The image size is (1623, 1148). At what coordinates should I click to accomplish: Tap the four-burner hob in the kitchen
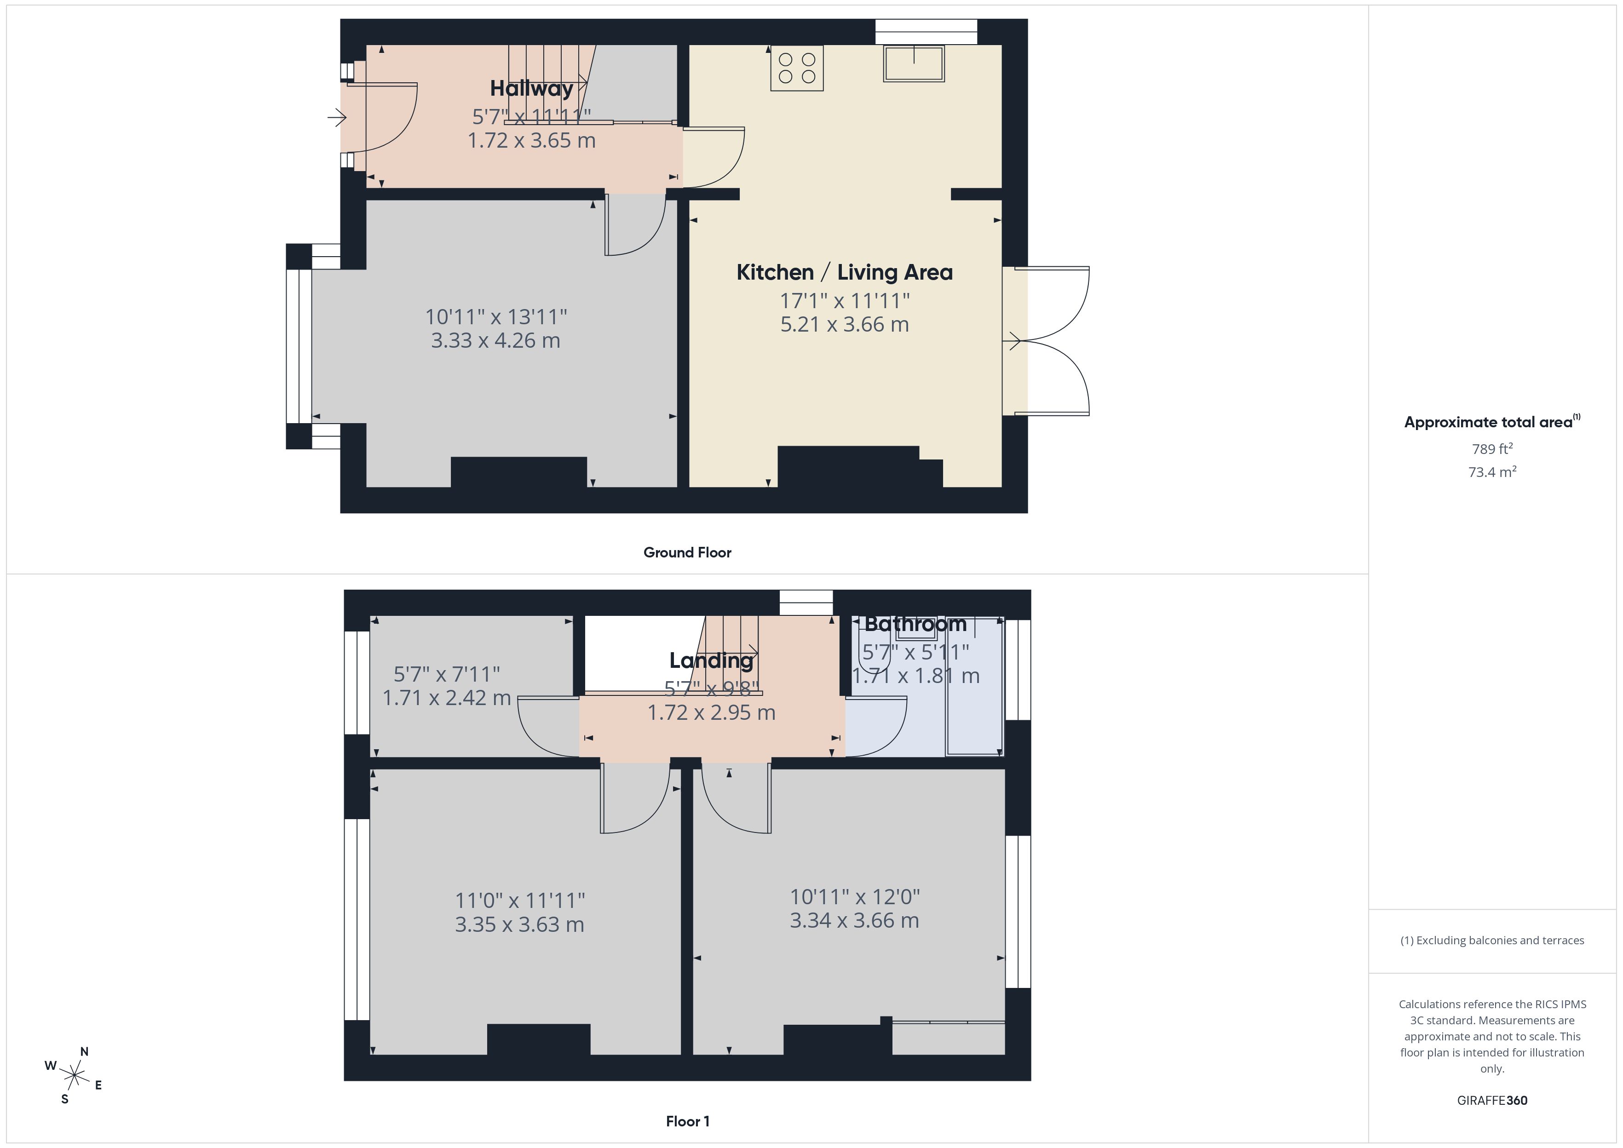(x=797, y=68)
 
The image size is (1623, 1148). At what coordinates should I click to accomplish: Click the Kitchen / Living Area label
(x=844, y=272)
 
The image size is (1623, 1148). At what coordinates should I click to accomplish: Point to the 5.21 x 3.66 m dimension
(x=844, y=324)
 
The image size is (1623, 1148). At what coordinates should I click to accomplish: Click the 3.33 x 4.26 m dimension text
(x=495, y=341)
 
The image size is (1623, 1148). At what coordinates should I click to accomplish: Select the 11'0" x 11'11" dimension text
(x=519, y=901)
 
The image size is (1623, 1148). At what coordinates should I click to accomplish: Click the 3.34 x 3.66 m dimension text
(x=854, y=920)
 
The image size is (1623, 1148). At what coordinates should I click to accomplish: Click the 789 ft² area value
(x=1491, y=449)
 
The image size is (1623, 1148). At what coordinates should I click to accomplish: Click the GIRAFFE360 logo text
(x=1491, y=1100)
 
